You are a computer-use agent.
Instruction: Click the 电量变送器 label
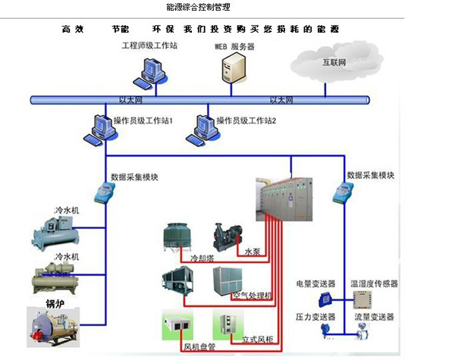314,284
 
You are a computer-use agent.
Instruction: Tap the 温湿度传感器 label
374,284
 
